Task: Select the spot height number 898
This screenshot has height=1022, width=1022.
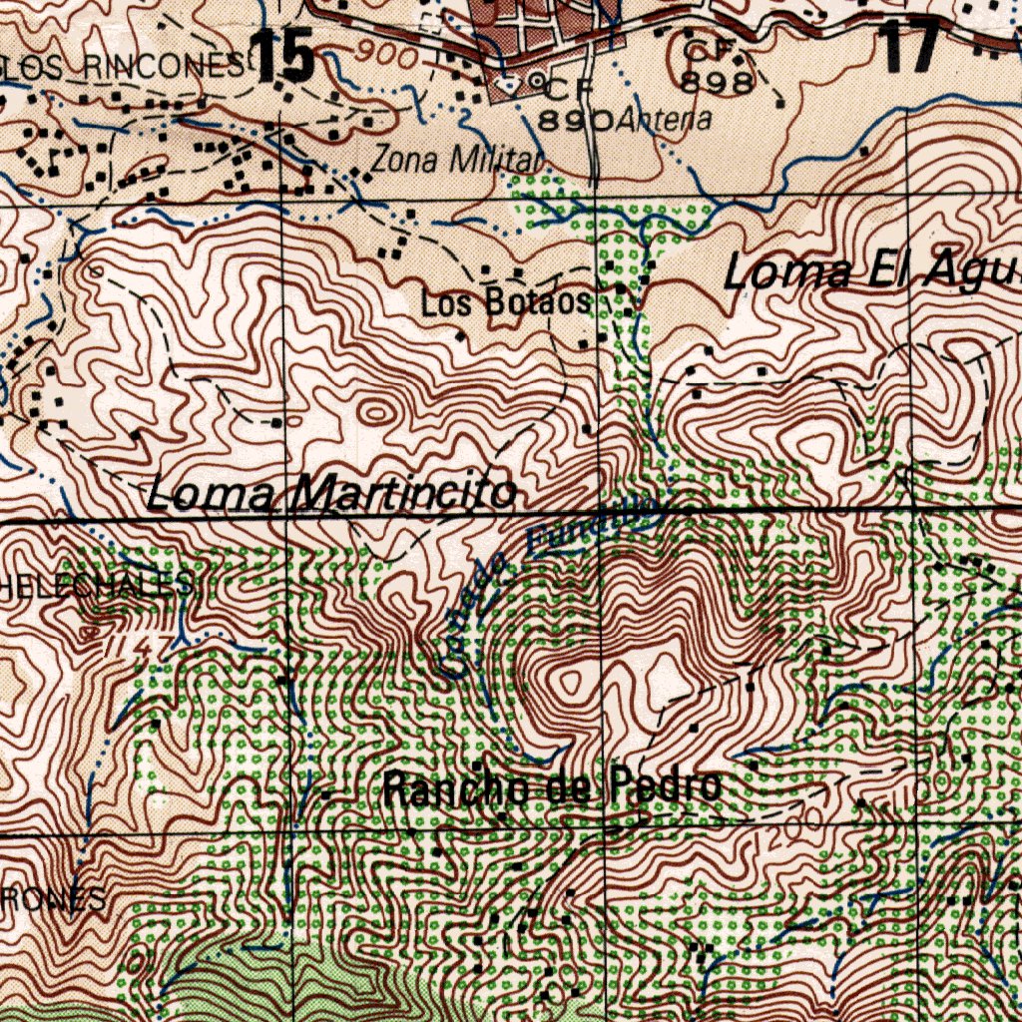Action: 717,84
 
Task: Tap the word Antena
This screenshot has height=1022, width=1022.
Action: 665,121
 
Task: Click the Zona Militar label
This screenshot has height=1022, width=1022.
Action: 457,159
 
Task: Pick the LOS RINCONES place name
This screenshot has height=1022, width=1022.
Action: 124,67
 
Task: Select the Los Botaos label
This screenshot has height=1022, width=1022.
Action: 505,302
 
